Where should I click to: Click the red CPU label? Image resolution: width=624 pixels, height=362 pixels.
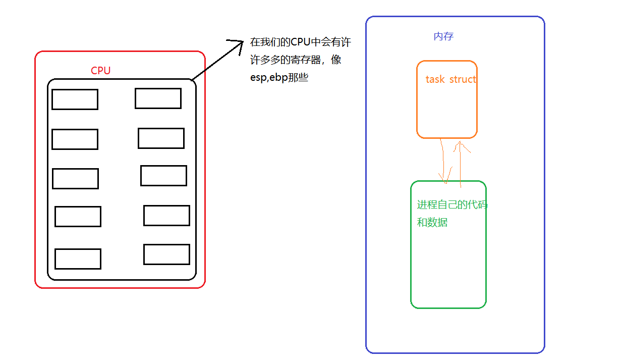(100, 71)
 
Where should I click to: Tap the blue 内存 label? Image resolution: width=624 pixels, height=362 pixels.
(443, 36)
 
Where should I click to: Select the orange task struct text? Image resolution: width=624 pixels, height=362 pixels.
(450, 79)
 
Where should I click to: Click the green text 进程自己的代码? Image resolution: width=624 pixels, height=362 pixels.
(452, 205)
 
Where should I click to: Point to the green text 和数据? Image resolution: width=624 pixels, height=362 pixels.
(432, 222)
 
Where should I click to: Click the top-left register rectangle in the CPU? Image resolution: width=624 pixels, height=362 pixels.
(75, 99)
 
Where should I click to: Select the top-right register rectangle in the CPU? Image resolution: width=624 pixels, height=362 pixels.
(158, 98)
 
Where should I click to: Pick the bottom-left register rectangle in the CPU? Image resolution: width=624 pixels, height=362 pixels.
(78, 259)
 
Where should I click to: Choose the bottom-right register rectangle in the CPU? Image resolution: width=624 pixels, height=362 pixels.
(166, 254)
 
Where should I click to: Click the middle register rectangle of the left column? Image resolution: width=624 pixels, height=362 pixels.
(75, 179)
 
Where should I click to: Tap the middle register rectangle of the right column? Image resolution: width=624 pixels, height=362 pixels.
(163, 176)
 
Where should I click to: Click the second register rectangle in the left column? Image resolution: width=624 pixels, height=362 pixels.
(75, 139)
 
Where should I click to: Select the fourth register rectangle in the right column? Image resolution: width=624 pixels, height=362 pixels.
(166, 216)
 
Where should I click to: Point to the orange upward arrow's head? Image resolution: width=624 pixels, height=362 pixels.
(461, 144)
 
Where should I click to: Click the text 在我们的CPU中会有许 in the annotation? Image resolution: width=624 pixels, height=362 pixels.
(300, 42)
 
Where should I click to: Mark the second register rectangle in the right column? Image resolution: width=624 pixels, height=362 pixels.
(161, 138)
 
